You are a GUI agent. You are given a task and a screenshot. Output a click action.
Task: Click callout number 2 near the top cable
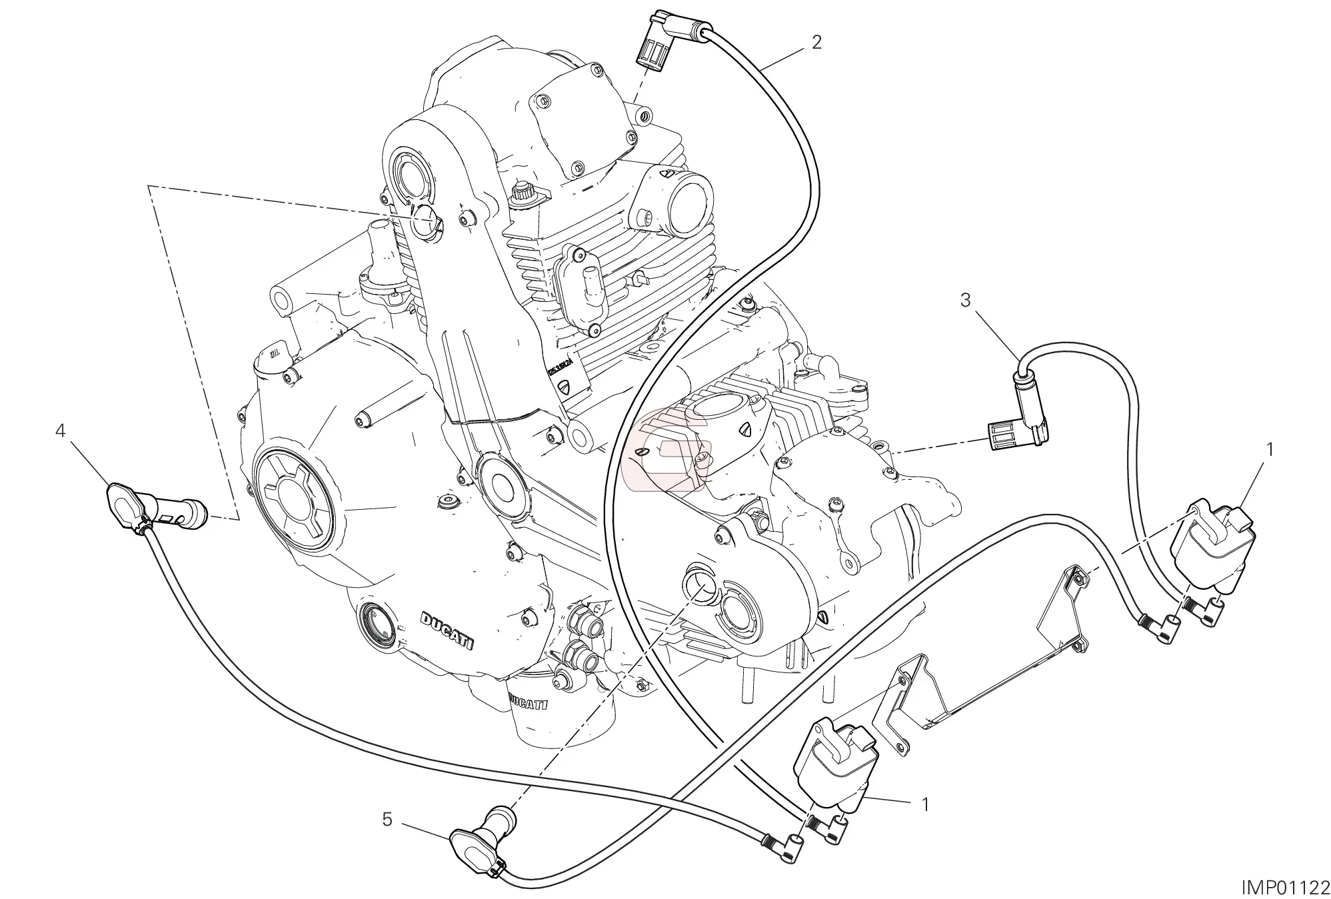pos(816,43)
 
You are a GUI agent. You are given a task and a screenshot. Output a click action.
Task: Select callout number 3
pos(966,300)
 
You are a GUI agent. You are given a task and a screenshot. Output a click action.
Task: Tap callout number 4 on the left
pos(61,432)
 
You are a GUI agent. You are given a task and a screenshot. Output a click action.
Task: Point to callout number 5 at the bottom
pos(387,819)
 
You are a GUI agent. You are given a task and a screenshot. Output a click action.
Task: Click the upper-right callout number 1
pos(1270,450)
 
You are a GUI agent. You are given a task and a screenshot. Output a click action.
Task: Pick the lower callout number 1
pos(924,805)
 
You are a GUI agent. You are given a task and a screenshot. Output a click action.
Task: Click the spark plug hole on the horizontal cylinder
pos(696,580)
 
